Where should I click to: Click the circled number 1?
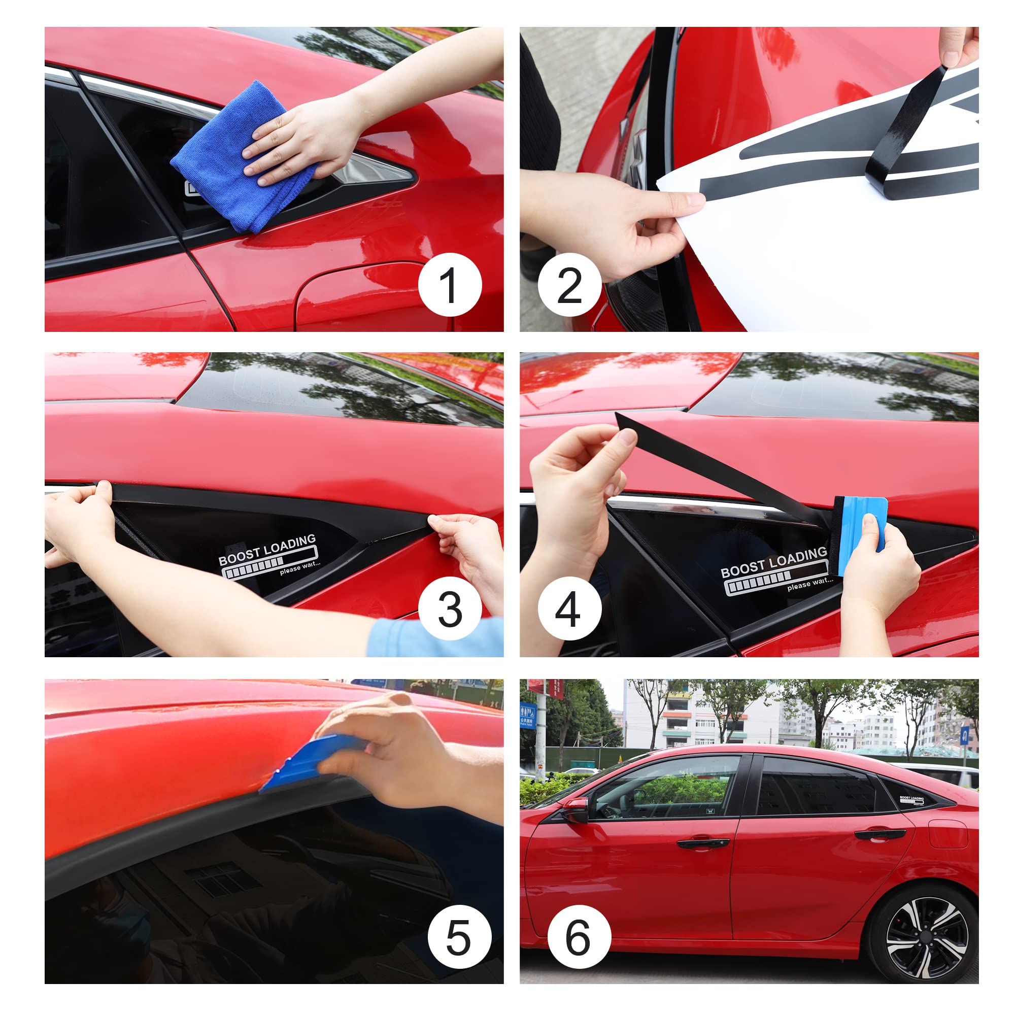pyautogui.click(x=450, y=285)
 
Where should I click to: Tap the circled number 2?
pyautogui.click(x=569, y=285)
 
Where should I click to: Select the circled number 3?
pyautogui.click(x=450, y=610)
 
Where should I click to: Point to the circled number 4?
pyautogui.click(x=569, y=610)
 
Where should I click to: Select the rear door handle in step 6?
pyautogui.click(x=879, y=834)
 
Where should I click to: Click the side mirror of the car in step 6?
pyautogui.click(x=577, y=809)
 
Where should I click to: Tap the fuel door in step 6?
pyautogui.click(x=948, y=833)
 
